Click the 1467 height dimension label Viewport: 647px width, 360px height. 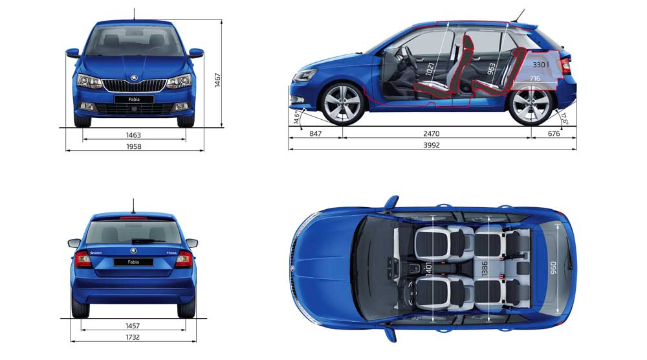tap(217, 80)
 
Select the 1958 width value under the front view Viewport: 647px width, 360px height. tap(134, 146)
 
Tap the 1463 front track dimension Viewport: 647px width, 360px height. tap(134, 135)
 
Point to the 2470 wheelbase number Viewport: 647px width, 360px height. tap(431, 134)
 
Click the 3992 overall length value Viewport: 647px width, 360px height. tap(431, 145)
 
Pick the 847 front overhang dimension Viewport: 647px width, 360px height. tap(315, 134)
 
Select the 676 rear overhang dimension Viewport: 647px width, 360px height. tap(554, 134)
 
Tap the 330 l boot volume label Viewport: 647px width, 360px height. tap(540, 65)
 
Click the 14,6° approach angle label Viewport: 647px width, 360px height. tap(296, 117)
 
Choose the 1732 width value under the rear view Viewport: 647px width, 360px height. tap(133, 337)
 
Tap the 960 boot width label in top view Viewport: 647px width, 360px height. tap(553, 267)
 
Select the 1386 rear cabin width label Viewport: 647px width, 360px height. tap(485, 268)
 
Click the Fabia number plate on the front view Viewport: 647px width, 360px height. tap(134, 100)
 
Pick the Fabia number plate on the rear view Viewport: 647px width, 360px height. tap(133, 262)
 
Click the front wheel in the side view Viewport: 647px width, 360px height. tap(342, 104)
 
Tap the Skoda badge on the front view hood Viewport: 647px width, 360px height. tap(134, 78)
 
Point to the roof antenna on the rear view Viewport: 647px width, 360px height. tap(133, 206)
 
